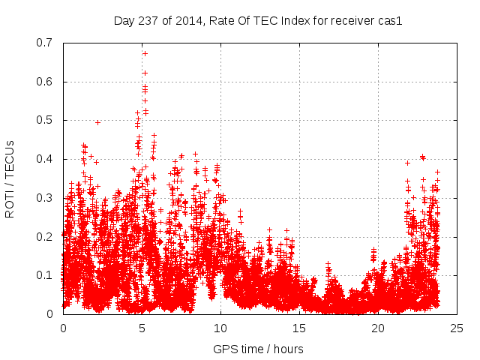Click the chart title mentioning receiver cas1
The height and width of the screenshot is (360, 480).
258,20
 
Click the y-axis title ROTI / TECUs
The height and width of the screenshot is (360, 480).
10,178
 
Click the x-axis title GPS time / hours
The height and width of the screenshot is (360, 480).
258,349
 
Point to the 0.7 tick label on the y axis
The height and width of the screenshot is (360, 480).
46,43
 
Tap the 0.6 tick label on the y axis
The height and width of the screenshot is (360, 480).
46,82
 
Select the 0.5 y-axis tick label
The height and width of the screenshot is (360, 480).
46,120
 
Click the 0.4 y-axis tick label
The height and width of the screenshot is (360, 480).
46,159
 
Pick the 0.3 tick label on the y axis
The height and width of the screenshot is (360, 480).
46,198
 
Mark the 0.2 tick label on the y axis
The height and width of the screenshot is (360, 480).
46,236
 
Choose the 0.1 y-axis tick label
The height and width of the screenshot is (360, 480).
46,275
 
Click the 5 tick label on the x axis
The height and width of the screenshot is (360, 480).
142,328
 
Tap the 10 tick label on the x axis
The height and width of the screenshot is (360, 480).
220,328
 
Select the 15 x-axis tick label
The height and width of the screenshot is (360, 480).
299,328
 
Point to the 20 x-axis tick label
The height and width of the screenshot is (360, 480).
378,328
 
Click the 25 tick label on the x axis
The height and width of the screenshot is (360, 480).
457,328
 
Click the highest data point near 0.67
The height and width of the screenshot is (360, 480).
145,53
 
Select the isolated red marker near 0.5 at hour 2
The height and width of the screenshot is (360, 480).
97,122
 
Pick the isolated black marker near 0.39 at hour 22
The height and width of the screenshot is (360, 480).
407,163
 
